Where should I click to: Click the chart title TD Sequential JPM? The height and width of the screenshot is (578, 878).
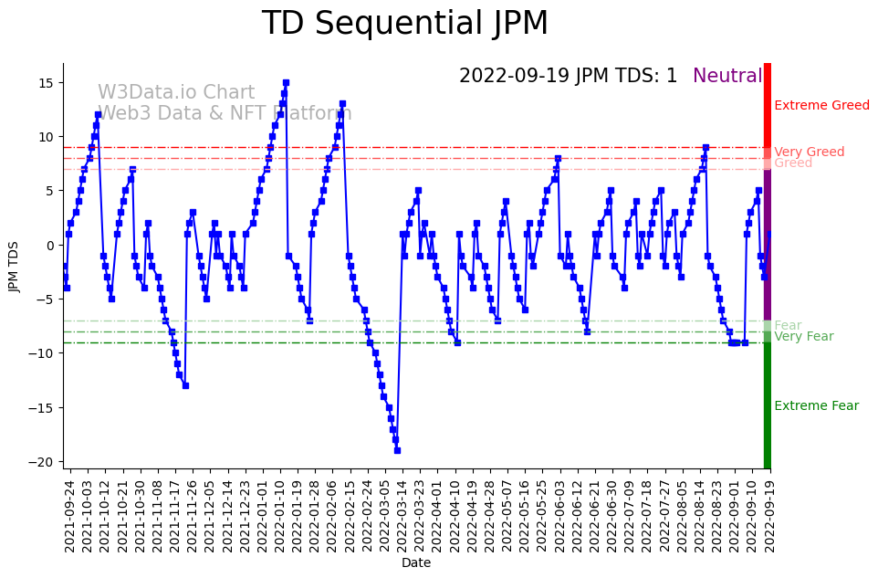[x=405, y=24]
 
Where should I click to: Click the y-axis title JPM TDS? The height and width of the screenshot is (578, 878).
[x=14, y=266]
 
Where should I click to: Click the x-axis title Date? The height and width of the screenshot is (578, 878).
[x=416, y=562]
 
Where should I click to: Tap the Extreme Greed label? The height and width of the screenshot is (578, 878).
[x=821, y=106]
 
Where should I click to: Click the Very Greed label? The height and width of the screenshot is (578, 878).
[x=809, y=152]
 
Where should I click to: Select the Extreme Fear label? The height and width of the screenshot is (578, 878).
[x=816, y=406]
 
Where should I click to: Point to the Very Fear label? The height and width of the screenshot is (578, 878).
[x=803, y=337]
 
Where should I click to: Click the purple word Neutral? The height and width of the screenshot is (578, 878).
[x=726, y=77]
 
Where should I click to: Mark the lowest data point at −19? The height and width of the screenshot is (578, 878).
[x=397, y=450]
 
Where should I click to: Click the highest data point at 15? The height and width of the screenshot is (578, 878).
[x=286, y=83]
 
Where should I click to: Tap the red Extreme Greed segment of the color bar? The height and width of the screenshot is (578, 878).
[x=768, y=104]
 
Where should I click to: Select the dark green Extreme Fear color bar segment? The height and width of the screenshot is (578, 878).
[x=768, y=405]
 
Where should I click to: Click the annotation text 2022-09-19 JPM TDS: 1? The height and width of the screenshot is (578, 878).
[x=568, y=77]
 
